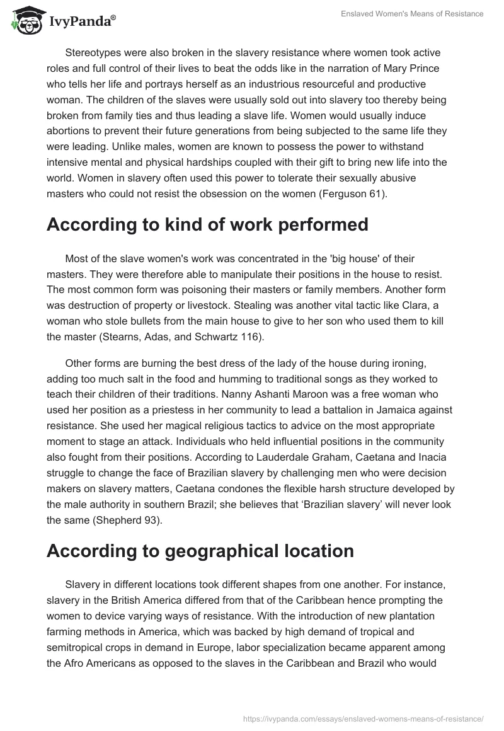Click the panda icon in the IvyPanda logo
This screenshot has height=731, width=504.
(x=24, y=21)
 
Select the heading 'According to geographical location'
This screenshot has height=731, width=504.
(x=200, y=550)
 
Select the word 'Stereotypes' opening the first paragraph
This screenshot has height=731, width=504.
(x=94, y=52)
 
